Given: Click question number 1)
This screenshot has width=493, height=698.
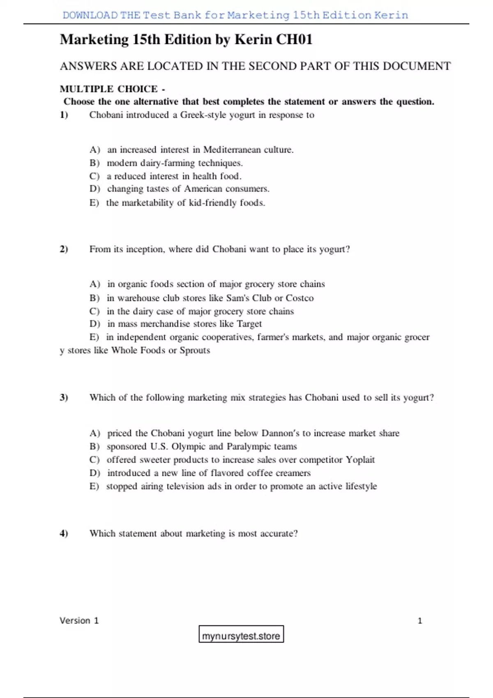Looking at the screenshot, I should tap(64, 115).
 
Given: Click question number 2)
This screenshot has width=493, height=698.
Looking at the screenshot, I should tap(64, 249).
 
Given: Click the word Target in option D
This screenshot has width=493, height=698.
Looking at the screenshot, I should tap(249, 324).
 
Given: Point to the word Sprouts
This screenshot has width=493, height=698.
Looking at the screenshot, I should tap(195, 351).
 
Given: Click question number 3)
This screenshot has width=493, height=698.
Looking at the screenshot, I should tap(64, 397).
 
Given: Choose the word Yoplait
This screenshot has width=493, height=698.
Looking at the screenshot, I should tap(360, 460).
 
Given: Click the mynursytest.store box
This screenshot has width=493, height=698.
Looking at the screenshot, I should tap(241, 634).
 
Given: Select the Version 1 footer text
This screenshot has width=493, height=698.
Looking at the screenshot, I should tap(79, 620).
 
